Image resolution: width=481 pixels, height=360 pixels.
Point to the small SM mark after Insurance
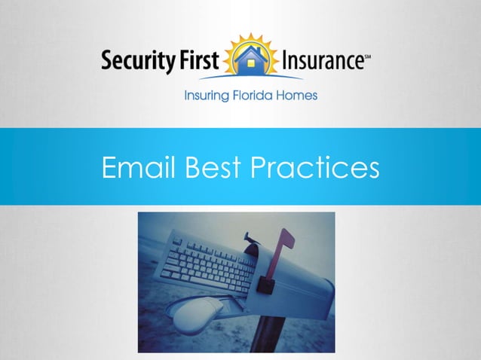366,54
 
